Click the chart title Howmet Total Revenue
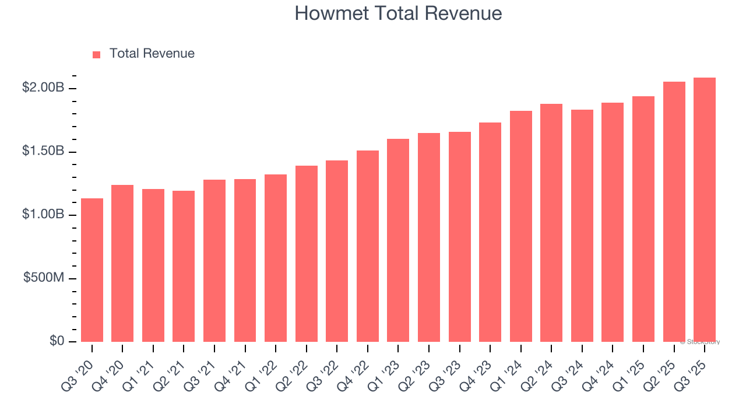[x=398, y=13]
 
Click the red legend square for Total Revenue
[x=97, y=54]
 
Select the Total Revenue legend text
[x=152, y=54]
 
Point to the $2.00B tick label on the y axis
[x=43, y=87]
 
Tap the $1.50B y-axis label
[x=43, y=151]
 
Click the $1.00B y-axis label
[x=43, y=214]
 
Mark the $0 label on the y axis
[x=56, y=341]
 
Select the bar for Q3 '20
[x=92, y=270]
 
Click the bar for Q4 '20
[x=122, y=264]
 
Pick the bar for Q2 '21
[x=184, y=267]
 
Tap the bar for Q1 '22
[x=276, y=258]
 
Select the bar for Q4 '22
[x=368, y=246]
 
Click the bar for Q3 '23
[x=459, y=237]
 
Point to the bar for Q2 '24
[x=551, y=223]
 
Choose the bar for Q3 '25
[x=705, y=210]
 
